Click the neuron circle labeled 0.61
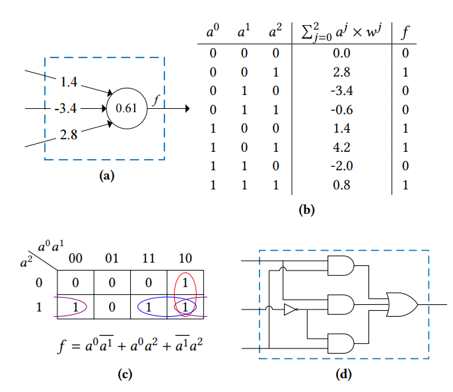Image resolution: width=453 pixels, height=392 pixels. pos(126,108)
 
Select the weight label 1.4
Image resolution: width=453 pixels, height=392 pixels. pos(69,82)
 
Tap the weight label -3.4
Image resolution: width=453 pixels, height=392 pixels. pos(67,108)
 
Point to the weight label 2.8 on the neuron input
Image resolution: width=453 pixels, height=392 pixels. pos(69,135)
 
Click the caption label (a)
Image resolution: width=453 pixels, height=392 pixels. pos(106,176)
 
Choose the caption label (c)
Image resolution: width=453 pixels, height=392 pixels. pos(124,374)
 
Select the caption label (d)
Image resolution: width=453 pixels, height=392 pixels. pos(344,374)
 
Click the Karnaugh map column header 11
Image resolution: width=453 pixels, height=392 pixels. pos(149,257)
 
